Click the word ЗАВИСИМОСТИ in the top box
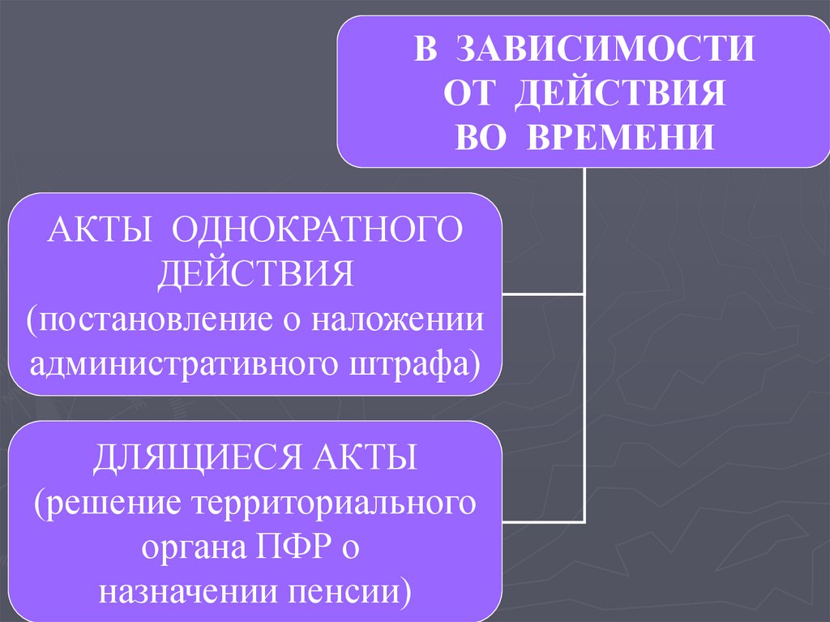[x=605, y=49]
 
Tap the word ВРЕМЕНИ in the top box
[x=622, y=136]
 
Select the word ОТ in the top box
[x=468, y=93]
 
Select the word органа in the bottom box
[x=191, y=548]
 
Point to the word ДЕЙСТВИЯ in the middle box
[x=255, y=273]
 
